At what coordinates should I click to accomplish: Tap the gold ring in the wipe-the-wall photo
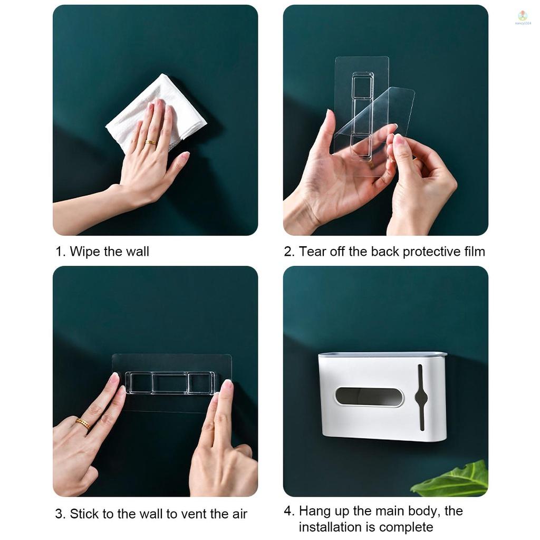point(150,142)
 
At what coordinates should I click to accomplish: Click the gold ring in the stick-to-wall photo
point(83,423)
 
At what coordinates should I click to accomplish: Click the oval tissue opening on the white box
point(369,397)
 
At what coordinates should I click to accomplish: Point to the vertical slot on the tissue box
point(420,397)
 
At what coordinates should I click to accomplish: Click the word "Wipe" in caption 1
point(85,252)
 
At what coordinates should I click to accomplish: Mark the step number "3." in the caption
point(61,514)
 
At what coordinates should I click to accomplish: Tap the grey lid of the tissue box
point(382,355)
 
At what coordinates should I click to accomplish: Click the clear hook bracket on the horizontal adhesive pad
point(170,383)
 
